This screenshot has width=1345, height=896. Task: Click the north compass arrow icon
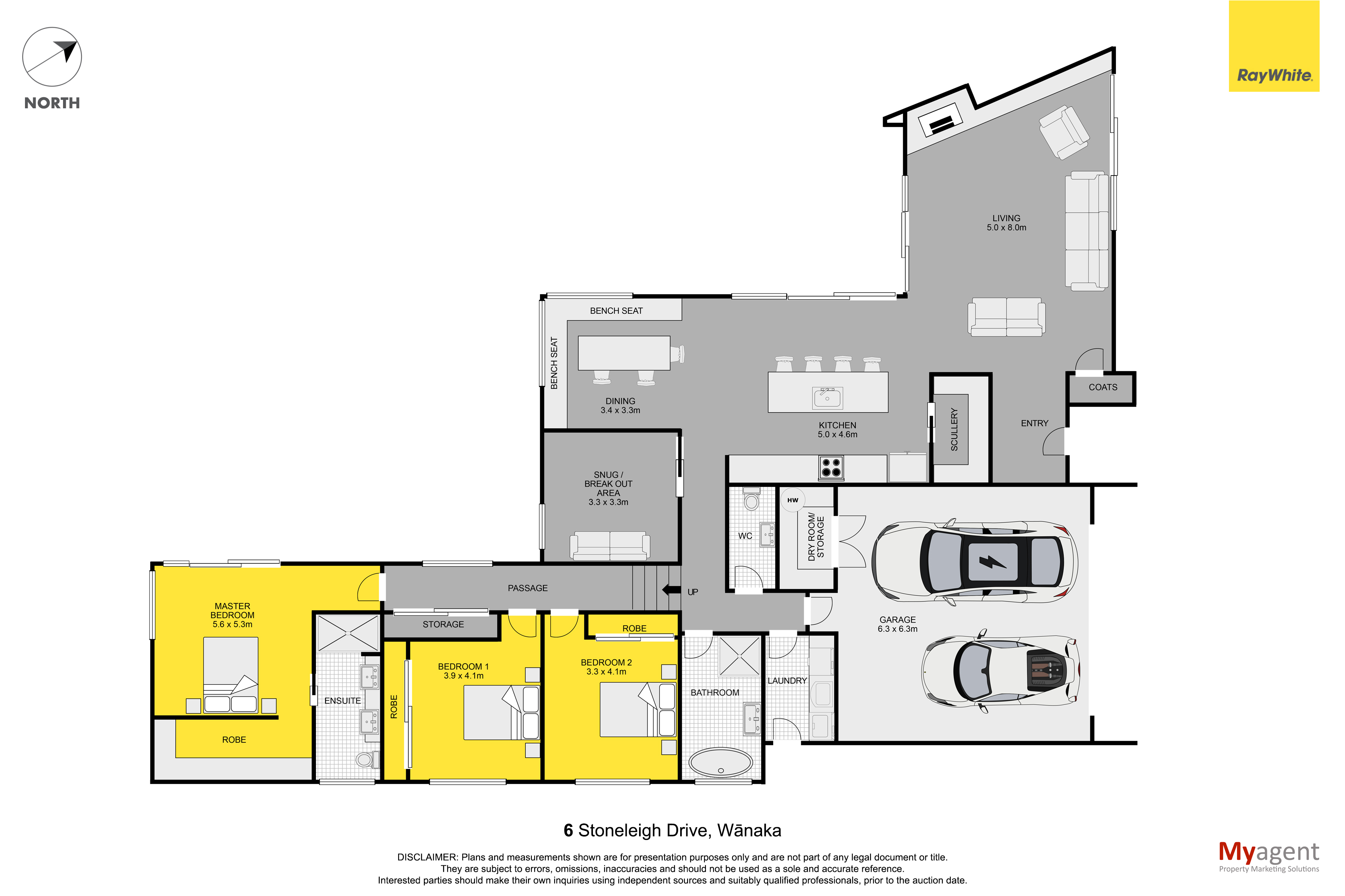point(52,57)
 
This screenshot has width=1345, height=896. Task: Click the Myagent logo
point(1269,856)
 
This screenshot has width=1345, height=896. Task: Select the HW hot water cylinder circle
point(792,500)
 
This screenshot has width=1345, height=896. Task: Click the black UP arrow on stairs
point(671,589)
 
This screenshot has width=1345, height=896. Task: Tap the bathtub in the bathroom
point(721,762)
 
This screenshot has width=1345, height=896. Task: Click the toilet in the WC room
point(751,499)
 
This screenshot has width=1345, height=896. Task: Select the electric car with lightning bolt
point(974,562)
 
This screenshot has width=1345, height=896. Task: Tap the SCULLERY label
point(953,429)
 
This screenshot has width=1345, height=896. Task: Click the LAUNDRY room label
point(787,681)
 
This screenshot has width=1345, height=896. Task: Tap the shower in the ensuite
point(347,633)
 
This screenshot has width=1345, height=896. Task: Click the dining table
point(624,353)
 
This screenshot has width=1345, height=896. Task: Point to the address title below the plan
point(672,830)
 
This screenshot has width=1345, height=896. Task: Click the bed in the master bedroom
point(231,674)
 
